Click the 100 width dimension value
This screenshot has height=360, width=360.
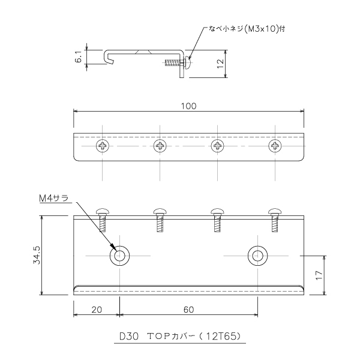189,106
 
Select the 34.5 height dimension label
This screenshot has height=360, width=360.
37,255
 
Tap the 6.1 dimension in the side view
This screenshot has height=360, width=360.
79,57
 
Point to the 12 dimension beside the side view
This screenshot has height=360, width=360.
220,64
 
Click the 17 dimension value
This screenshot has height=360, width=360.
319,275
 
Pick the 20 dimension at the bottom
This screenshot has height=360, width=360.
97,310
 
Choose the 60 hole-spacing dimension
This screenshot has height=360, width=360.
189,310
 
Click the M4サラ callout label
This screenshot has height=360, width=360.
54,198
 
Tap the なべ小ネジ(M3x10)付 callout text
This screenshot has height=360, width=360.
247,29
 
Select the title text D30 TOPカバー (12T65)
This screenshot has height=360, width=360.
180,337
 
